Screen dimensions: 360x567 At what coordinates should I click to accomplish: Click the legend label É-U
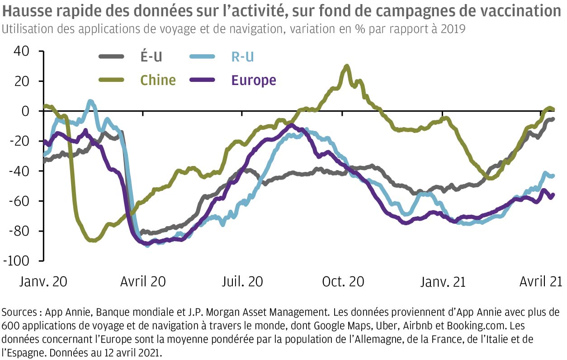click(x=151, y=57)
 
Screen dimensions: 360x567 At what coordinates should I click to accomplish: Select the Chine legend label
click(x=158, y=80)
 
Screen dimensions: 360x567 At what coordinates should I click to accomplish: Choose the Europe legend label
click(x=253, y=80)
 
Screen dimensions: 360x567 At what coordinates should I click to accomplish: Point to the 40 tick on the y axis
click(x=21, y=51)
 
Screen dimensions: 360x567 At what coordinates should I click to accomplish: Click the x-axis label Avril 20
click(x=143, y=281)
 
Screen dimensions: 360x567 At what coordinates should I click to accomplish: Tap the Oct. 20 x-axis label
click(x=343, y=281)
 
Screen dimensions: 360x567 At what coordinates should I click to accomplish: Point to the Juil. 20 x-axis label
click(x=243, y=281)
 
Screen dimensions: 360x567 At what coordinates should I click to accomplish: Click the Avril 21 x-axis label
click(x=541, y=281)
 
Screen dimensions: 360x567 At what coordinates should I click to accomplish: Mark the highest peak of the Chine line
click(x=347, y=66)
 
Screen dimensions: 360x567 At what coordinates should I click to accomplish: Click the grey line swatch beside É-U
click(x=111, y=57)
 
